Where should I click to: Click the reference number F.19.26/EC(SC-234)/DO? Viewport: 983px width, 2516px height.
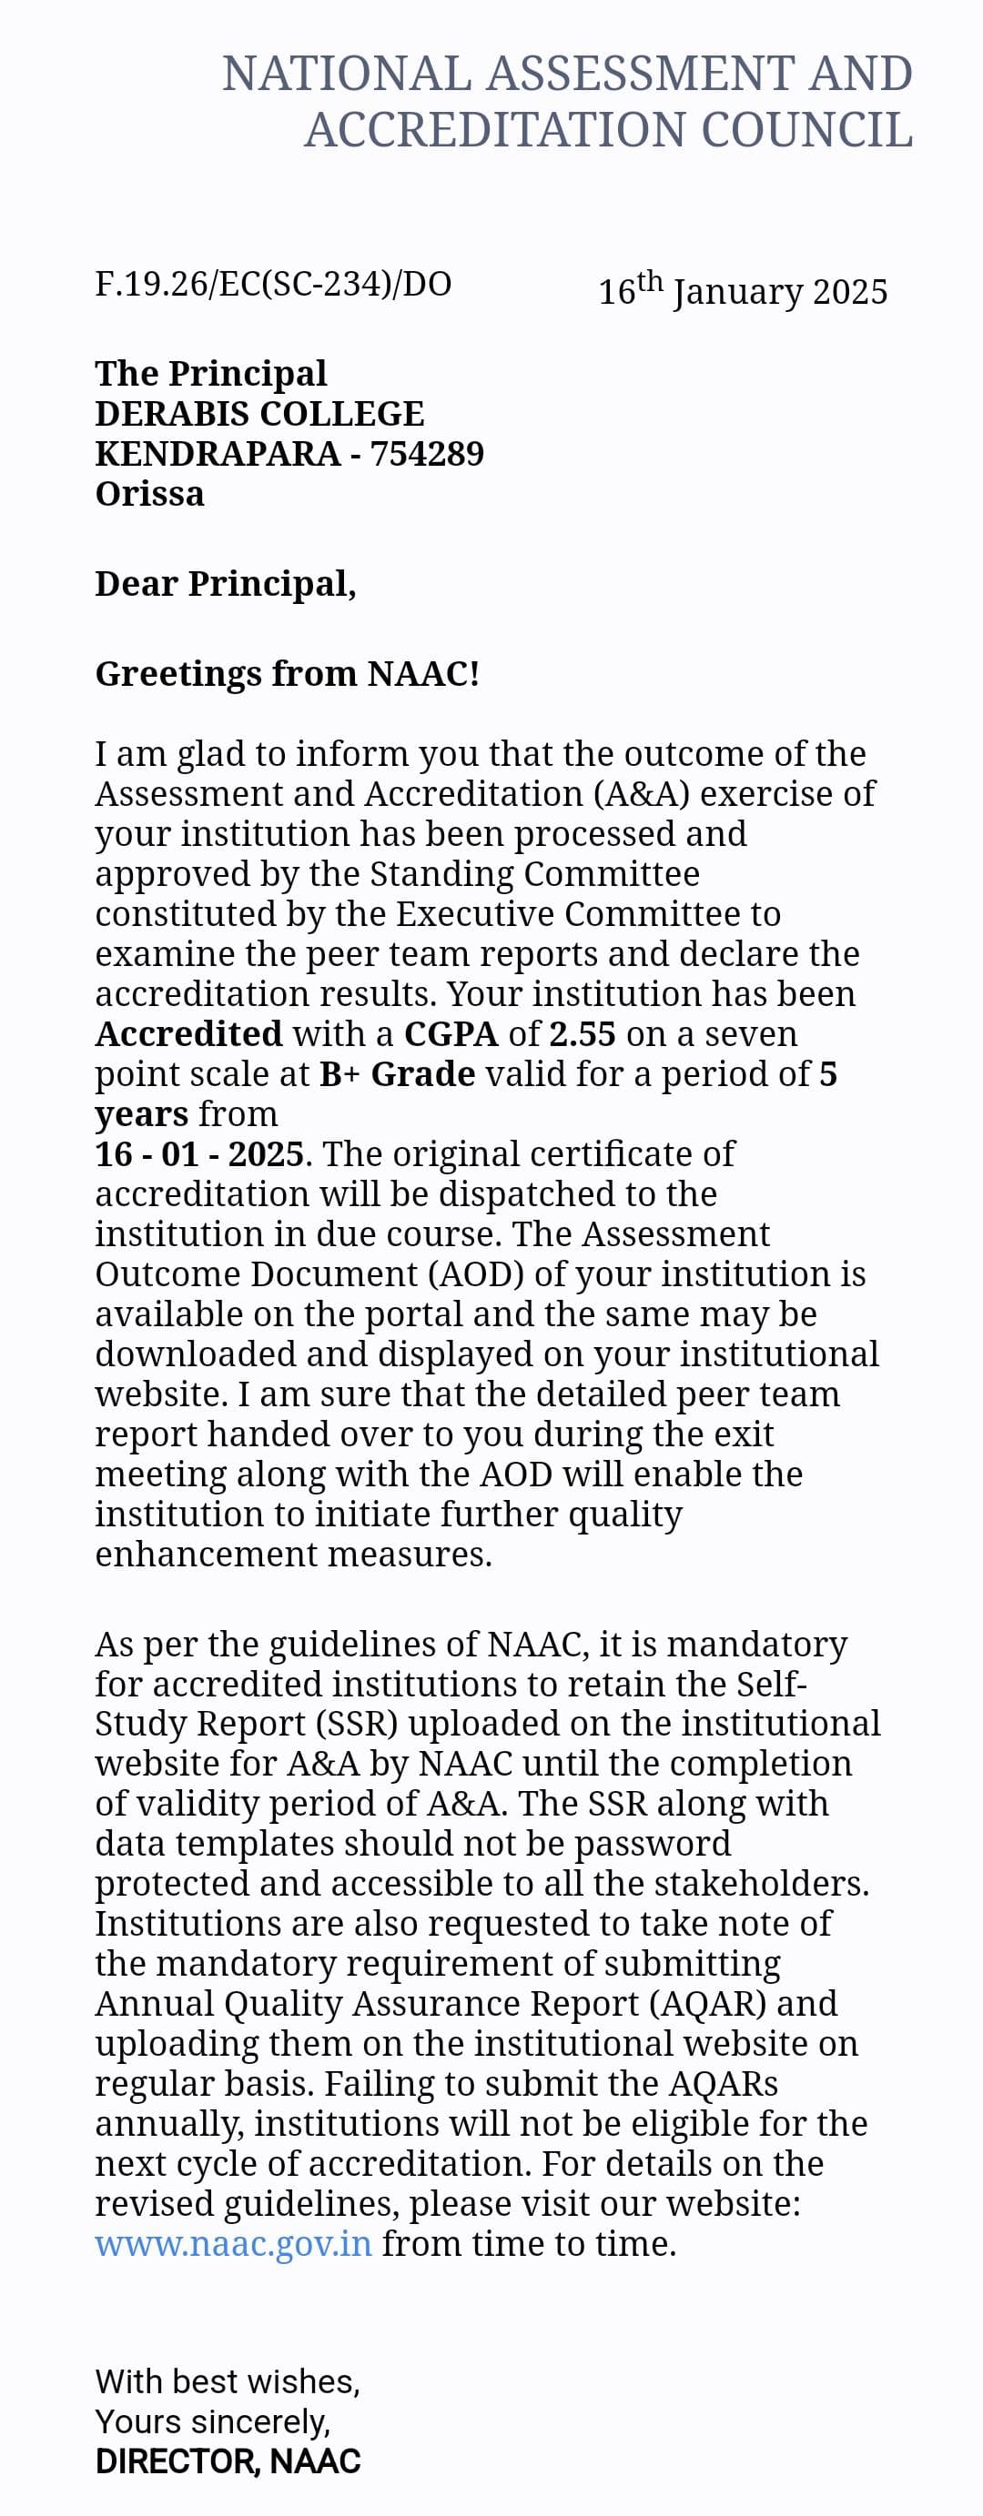click(x=273, y=283)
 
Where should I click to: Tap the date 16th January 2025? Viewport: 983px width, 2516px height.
click(x=743, y=290)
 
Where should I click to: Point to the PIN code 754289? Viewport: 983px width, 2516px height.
click(x=427, y=453)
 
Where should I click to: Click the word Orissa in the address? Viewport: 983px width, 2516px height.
click(x=149, y=493)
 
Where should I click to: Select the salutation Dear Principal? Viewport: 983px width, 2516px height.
click(x=225, y=583)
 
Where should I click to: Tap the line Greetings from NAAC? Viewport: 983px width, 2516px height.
click(x=287, y=673)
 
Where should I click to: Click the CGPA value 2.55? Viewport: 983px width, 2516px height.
click(x=583, y=1033)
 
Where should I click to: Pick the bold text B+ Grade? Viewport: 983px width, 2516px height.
click(x=397, y=1073)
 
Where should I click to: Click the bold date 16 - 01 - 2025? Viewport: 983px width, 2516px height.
click(x=199, y=1153)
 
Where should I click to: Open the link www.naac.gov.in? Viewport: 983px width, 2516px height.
click(x=234, y=2243)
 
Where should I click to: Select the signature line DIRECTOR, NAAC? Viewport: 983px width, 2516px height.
click(x=228, y=2461)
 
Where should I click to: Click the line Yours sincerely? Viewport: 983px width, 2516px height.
click(x=212, y=2421)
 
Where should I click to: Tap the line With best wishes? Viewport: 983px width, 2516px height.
click(x=227, y=2381)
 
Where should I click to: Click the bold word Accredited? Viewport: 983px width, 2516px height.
click(x=188, y=1033)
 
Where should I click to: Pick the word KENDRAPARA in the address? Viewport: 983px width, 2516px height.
click(x=218, y=453)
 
